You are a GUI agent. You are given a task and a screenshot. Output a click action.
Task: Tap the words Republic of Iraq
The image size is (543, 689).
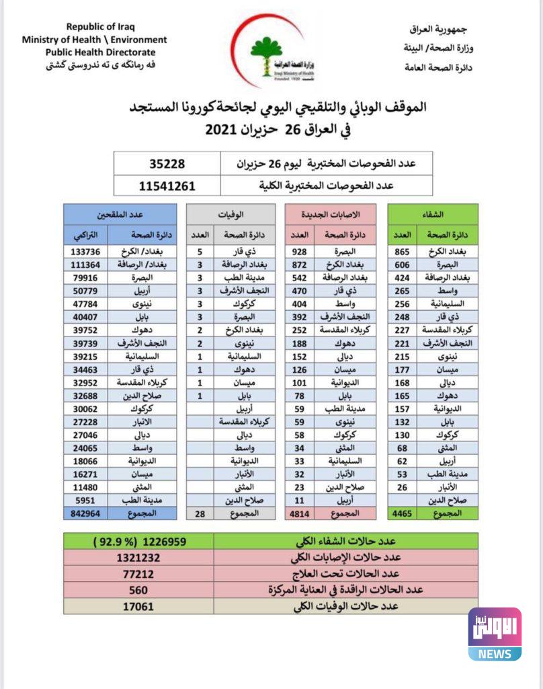100,27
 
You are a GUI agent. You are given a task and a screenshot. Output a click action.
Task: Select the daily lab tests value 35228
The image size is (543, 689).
167,164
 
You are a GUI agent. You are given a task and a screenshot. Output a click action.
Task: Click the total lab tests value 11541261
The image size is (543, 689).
167,185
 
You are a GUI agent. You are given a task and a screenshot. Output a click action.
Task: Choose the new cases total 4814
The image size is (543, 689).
303,513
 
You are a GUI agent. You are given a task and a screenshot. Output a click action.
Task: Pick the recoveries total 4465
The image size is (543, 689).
403,513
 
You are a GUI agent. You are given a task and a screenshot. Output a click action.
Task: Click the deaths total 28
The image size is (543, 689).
198,513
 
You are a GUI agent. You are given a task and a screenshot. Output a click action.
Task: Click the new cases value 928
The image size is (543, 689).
303,252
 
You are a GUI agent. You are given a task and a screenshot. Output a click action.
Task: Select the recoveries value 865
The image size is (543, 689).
403,252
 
